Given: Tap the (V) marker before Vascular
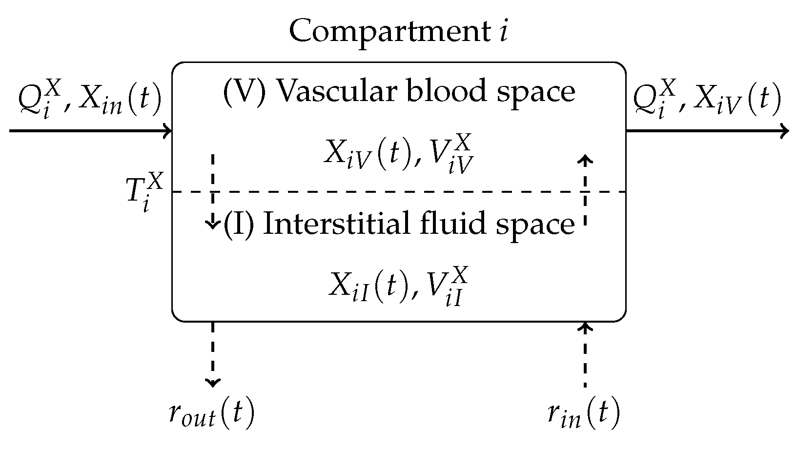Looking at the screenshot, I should pyautogui.click(x=244, y=91).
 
